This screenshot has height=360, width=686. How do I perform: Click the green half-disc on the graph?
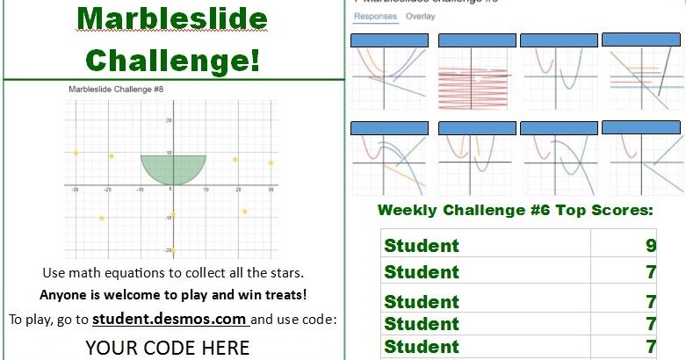pos(173,167)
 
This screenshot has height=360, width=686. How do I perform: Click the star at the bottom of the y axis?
pos(173,250)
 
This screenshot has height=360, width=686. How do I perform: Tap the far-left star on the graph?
pos(76,153)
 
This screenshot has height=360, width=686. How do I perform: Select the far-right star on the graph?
pos(271,162)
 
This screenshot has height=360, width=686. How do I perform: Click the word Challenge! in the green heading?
pos(173,60)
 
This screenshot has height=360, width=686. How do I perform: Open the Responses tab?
pos(375,17)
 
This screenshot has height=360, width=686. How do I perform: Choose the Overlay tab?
pos(420,17)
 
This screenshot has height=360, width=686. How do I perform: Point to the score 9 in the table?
pos(651,246)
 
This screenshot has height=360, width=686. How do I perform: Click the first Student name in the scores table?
pos(422,246)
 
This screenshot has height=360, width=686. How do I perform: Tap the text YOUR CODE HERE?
pos(167,348)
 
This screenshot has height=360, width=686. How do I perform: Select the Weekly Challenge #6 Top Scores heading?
pos(515,210)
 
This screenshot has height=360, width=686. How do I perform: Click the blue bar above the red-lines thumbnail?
pos(477,40)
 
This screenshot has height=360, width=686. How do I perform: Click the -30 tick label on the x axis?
pos(76,190)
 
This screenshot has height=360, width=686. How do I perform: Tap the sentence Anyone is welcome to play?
pos(173,295)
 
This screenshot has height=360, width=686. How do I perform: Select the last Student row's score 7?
pos(651,346)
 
